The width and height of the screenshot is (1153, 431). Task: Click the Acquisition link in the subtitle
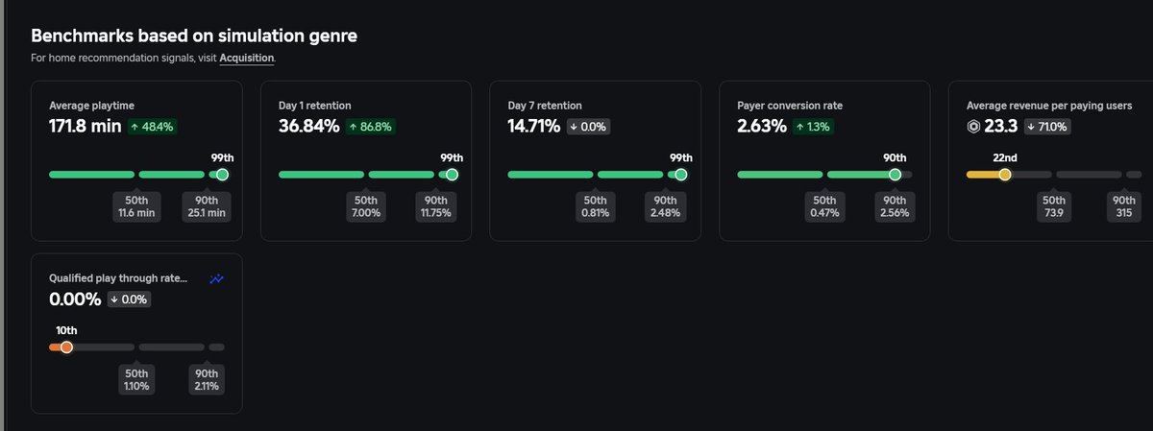[247, 59]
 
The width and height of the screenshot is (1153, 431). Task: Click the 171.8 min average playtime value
[84, 126]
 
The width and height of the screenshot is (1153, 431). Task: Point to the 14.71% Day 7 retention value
[533, 126]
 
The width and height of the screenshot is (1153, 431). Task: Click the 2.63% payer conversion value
[762, 126]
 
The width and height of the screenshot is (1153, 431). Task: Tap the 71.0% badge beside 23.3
[1047, 127]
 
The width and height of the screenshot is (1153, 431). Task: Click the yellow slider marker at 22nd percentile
[1005, 175]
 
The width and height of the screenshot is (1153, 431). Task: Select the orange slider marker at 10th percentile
[66, 347]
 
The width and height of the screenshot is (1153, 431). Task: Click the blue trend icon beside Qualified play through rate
[217, 278]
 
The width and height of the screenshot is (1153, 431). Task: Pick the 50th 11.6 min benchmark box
[136, 206]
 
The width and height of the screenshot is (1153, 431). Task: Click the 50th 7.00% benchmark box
[366, 206]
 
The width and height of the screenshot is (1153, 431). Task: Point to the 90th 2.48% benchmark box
[664, 206]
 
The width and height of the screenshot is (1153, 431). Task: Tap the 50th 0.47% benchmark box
[824, 206]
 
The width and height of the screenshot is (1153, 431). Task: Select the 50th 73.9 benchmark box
[1054, 206]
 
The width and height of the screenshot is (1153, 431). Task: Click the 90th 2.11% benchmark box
[207, 379]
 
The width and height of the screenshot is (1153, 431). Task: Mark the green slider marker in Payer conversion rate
[895, 175]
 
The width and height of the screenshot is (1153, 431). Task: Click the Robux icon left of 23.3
[973, 126]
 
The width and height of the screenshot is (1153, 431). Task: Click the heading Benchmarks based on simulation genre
[195, 36]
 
